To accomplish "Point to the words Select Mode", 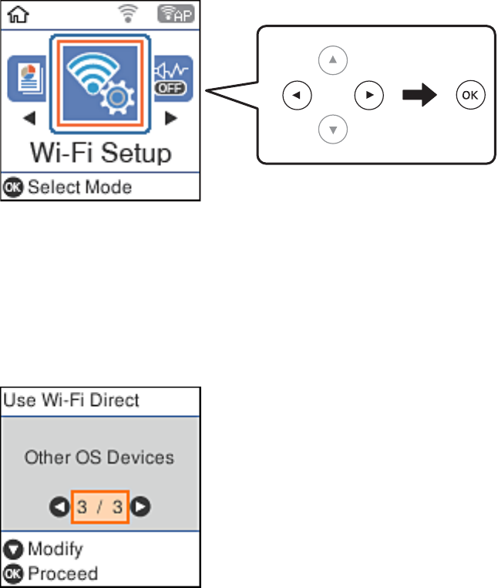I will (x=79, y=187).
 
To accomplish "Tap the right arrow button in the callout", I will (x=368, y=96).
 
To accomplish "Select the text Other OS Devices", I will (x=99, y=458).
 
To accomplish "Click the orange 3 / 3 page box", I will (x=99, y=507).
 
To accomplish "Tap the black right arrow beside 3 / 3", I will (x=140, y=507).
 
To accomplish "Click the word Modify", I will (x=55, y=550).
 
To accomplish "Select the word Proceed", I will (x=62, y=573).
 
